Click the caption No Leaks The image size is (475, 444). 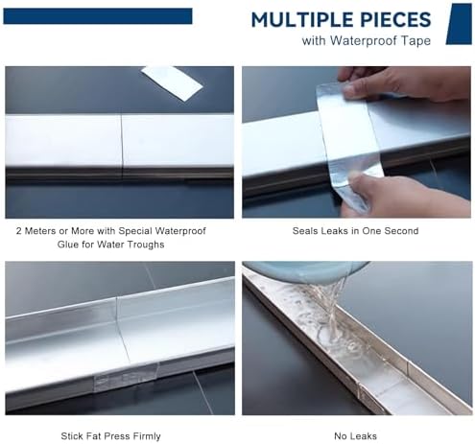point(356,436)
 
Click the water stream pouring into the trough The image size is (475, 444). point(326,307)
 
